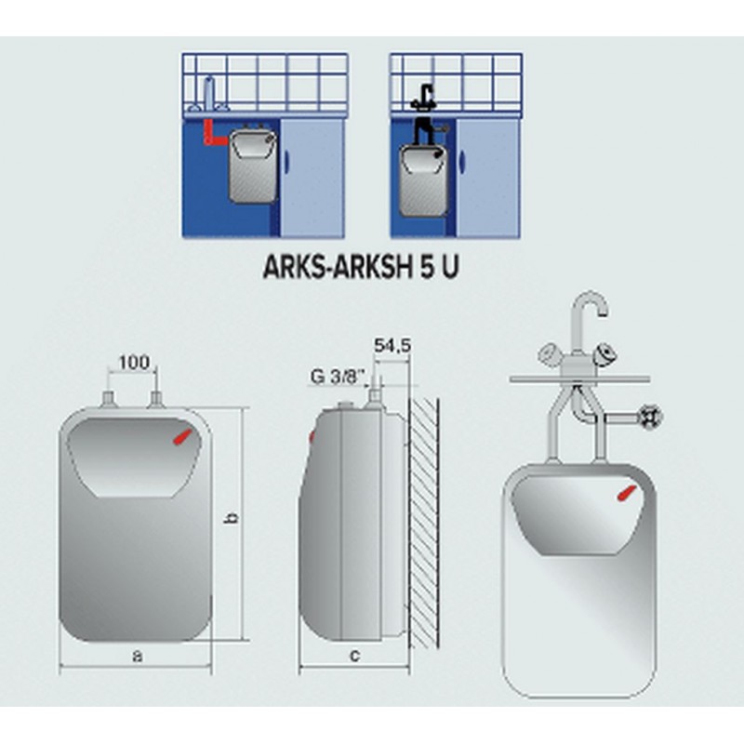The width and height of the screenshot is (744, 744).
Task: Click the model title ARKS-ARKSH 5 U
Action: tap(361, 267)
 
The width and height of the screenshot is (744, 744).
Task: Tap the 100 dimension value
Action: tap(134, 363)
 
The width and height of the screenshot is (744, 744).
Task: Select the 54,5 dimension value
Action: tap(392, 345)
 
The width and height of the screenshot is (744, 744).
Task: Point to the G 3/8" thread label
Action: tap(338, 378)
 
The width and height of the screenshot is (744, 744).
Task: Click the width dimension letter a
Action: tap(137, 656)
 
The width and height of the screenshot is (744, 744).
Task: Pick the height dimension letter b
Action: tap(231, 518)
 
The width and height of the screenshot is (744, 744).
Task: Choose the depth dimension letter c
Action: tap(354, 656)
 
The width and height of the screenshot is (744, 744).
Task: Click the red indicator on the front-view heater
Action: tap(183, 436)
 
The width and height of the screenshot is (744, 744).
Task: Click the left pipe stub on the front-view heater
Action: tap(109, 400)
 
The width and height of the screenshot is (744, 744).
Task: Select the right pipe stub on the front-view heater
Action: tap(156, 400)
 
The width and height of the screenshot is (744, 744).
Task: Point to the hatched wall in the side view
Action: tap(423, 524)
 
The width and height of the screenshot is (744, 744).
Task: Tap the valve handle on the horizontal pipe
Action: tap(651, 418)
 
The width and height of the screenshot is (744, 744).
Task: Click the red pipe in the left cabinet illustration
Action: tap(212, 133)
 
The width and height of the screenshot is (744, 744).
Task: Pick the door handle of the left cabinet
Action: tap(286, 161)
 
